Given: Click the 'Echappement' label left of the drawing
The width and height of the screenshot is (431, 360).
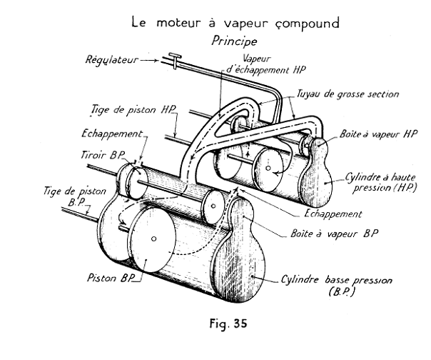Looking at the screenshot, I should pyautogui.click(x=107, y=133).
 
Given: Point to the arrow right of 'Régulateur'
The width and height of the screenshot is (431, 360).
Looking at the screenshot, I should pyautogui.click(x=152, y=61).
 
